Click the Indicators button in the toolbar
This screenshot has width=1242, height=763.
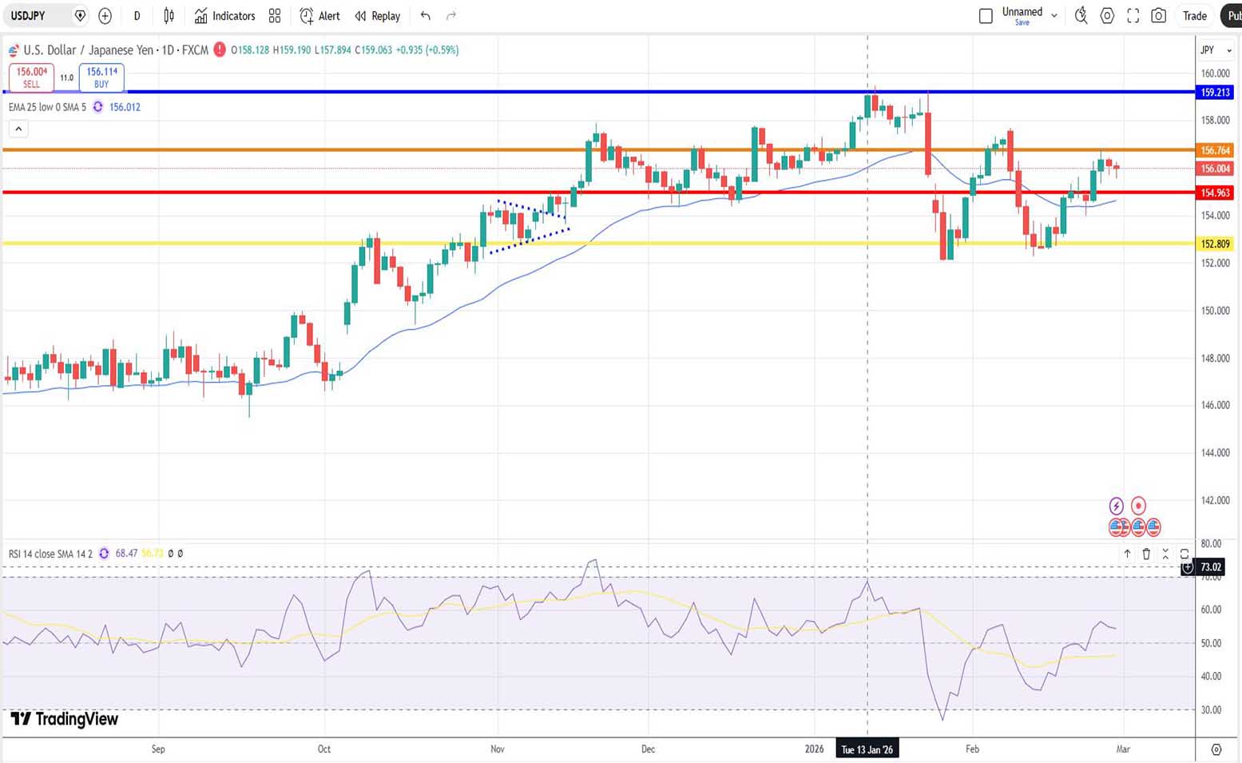pos(224,16)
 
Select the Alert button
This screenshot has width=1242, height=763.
pos(319,16)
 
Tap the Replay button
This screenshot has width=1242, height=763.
pos(377,16)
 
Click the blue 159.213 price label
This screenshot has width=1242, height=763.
pos(1216,93)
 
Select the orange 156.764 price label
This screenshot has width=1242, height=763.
pos(1216,150)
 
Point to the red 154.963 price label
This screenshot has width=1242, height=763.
pos(1216,193)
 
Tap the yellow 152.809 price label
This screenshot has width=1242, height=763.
pos(1216,244)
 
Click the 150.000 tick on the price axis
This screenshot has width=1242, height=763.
pos(1216,311)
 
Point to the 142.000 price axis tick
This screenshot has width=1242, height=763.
pos(1216,500)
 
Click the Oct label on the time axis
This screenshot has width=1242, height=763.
pos(324,749)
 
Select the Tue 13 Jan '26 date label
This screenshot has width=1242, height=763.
pos(867,749)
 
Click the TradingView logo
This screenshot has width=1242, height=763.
pos(65,719)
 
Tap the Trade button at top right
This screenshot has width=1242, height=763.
pos(1194,16)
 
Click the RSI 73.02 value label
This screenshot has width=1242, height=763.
pos(1211,567)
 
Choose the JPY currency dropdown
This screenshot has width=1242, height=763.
pos(1215,50)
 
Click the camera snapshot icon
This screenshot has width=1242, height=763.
pos(1158,16)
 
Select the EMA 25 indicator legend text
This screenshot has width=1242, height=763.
pos(47,107)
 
